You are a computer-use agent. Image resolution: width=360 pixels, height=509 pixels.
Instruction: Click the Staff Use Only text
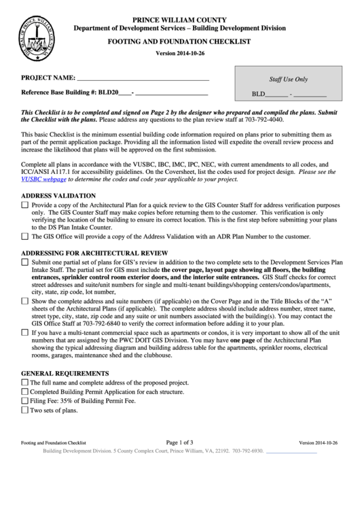(289, 80)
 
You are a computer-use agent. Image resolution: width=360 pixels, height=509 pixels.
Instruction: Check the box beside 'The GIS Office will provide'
(25, 236)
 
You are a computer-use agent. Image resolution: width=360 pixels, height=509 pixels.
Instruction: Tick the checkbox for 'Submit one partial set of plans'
(25, 261)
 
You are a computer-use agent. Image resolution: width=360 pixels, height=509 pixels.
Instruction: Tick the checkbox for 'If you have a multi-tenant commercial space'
(25, 334)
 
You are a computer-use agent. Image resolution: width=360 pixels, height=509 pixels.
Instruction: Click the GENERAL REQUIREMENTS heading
(65, 374)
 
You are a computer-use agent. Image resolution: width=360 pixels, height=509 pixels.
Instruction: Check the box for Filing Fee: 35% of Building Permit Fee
(25, 402)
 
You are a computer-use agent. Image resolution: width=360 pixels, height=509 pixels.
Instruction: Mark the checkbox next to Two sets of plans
(25, 411)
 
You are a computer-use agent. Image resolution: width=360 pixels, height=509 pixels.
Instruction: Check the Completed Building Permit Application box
(25, 392)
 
